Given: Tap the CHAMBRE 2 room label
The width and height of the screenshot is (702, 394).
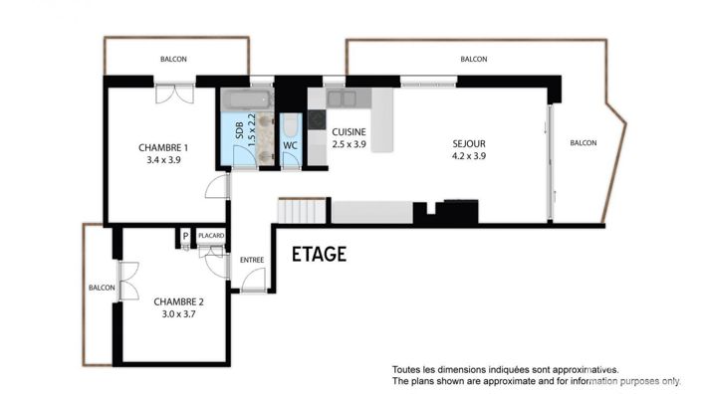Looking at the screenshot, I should tap(179, 301).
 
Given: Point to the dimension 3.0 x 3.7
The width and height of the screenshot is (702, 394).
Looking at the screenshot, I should tap(179, 313).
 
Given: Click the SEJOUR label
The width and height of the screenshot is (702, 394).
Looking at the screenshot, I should tap(468, 142).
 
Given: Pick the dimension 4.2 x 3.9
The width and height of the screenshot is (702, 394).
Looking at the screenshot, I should tap(468, 154).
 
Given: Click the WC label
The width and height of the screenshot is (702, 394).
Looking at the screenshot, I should tap(291, 146).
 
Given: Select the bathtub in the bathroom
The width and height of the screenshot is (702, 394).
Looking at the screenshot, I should tap(245, 100).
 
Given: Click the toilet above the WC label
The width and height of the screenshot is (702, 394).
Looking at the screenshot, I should tap(290, 125).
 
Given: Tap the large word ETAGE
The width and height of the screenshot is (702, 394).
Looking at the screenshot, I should tap(319, 255).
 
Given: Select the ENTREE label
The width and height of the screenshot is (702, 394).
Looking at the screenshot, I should tap(252, 260).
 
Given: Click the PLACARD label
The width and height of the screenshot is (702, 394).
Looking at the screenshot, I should tap(211, 236).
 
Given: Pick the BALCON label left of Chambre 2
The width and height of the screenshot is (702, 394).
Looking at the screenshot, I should tap(102, 288).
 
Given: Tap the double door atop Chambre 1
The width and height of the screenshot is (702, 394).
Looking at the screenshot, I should tap(175, 95).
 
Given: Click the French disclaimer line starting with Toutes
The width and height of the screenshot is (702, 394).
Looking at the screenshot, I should tap(505, 368).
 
